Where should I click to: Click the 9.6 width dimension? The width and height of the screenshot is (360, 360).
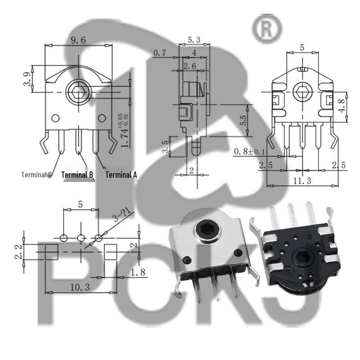tap(78, 40)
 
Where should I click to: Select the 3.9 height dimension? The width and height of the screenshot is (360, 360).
tap(27, 79)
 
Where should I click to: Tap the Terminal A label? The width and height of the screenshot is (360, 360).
tap(121, 175)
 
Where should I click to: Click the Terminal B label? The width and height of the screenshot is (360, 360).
tap(77, 175)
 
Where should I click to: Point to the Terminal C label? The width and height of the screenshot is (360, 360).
tap(37, 175)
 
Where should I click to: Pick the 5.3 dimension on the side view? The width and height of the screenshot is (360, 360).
tap(193, 40)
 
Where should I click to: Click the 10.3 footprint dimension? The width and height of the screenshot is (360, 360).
tap(80, 287)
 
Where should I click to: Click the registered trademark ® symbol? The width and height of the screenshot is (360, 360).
tap(267, 28)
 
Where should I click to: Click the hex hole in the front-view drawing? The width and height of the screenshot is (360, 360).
tap(79, 92)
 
